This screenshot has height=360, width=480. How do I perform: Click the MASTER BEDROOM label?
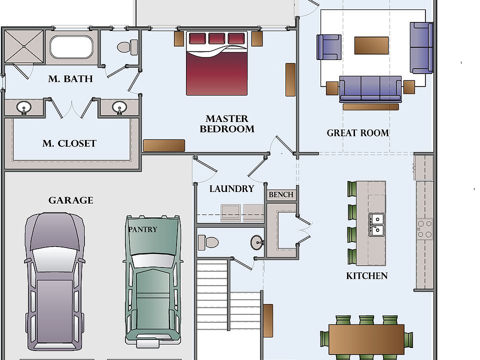227,123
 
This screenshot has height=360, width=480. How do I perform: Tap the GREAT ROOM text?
358,133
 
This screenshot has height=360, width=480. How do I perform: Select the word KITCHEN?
366,276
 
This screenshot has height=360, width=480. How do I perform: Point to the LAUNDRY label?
231,188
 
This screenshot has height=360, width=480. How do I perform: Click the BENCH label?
281,194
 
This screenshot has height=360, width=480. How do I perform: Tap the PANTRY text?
142,229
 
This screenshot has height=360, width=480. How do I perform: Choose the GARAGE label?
70,200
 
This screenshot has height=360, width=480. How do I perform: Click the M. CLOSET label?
69,143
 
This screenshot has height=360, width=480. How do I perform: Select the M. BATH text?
70,78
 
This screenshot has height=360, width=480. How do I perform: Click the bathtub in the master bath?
71,47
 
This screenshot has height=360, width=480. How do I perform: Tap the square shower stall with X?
24,46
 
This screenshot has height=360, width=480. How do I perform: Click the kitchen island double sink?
376,224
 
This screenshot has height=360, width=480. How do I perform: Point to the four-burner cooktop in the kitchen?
424,229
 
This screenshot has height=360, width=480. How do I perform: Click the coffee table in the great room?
371,45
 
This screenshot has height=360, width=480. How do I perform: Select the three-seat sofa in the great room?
370,89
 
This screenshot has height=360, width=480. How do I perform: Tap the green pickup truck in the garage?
153,281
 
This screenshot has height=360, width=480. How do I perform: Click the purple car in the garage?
55,281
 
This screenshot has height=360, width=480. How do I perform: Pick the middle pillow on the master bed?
216,38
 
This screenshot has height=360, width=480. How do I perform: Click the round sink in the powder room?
257,242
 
